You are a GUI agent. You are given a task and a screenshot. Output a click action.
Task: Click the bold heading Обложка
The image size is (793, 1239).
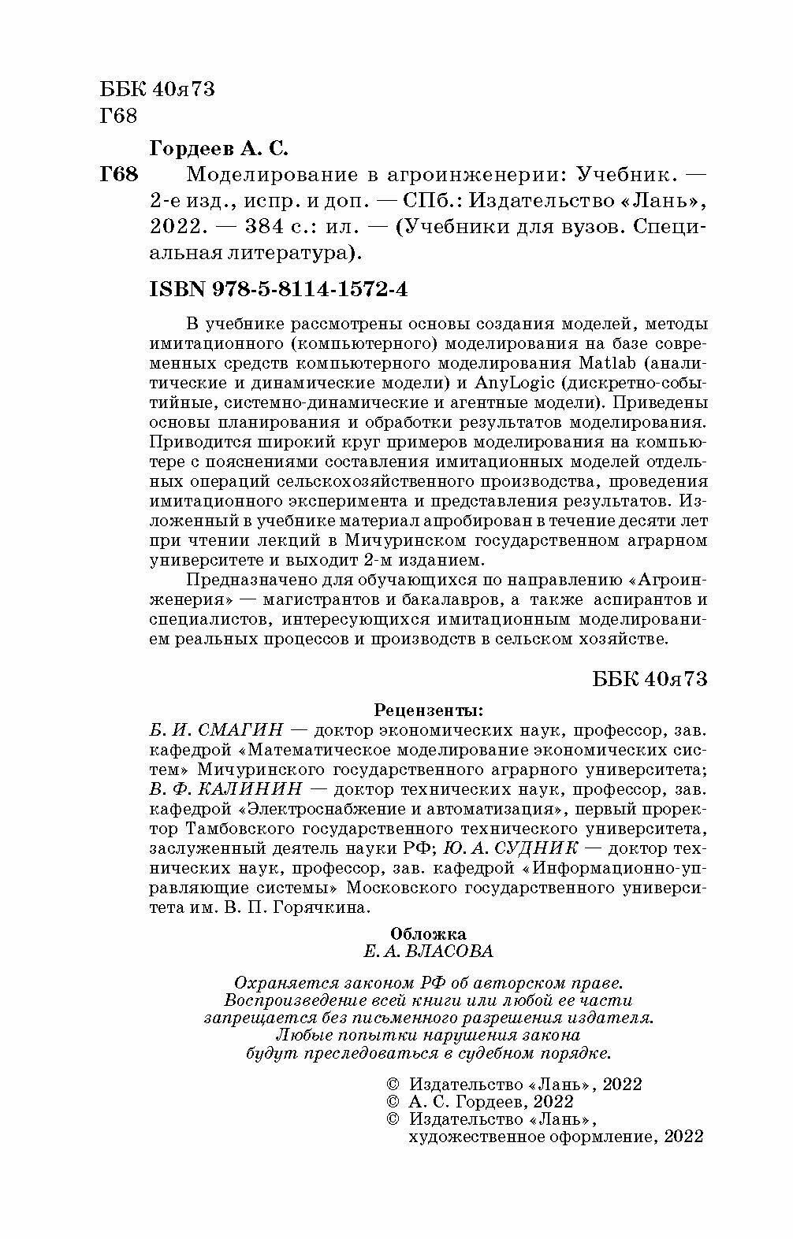click(428, 932)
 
